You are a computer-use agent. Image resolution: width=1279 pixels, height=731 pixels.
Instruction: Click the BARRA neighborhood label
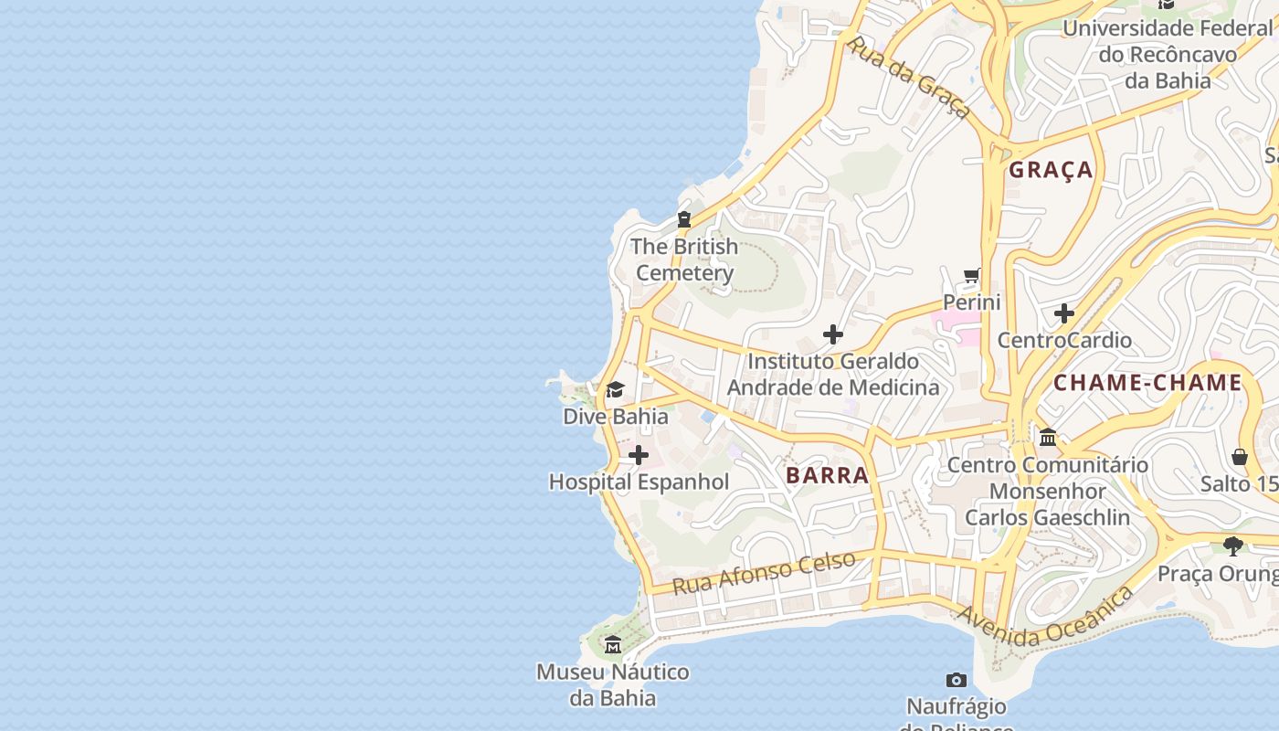[827, 475]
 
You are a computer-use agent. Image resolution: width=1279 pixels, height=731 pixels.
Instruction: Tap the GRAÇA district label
[1051, 170]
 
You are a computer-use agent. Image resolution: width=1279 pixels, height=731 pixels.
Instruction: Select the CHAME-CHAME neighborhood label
[1147, 383]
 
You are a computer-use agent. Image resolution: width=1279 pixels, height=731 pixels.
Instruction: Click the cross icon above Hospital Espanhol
[639, 455]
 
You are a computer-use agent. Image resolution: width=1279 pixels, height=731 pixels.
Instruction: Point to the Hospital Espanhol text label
[639, 482]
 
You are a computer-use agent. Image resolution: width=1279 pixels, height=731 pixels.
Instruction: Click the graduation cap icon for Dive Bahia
[615, 391]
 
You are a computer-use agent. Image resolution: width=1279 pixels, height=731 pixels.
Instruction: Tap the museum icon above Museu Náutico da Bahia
[612, 645]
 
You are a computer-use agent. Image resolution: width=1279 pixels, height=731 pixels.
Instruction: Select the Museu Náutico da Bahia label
[612, 685]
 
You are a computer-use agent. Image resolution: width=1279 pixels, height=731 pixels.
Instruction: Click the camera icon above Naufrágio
[957, 680]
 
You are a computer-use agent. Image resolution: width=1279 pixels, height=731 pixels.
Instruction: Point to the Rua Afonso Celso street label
[764, 572]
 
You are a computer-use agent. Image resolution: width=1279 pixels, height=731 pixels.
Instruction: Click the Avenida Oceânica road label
[1044, 619]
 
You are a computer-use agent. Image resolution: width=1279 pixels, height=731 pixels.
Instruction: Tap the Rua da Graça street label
[908, 77]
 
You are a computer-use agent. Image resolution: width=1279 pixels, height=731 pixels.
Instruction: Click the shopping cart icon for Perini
[972, 275]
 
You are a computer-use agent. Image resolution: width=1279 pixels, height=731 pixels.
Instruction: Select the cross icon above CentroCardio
[1063, 313]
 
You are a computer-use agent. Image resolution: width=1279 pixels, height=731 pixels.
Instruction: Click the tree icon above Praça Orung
[1233, 546]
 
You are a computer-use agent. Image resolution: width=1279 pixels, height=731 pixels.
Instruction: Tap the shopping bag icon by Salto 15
[1240, 456]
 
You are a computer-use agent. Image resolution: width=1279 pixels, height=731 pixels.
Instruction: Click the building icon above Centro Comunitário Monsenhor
[1048, 438]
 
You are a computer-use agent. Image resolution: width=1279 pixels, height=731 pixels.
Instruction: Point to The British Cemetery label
[684, 260]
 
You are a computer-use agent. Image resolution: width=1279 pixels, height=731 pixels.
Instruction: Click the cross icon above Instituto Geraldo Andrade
[832, 334]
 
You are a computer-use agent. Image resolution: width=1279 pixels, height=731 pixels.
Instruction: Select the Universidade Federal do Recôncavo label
[1167, 54]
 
